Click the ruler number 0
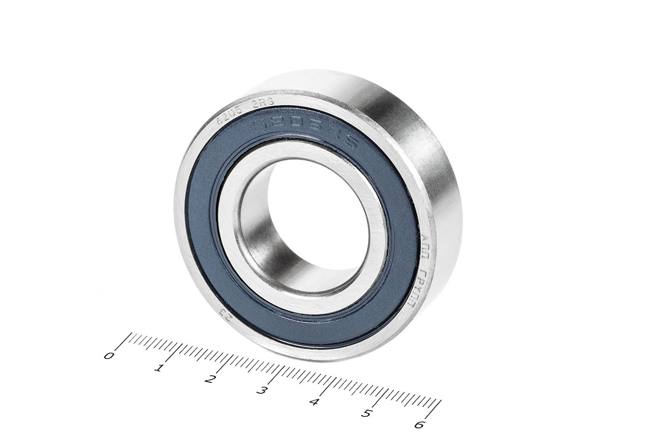click(x=109, y=355)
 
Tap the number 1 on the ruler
click(x=160, y=368)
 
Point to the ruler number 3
click(x=262, y=390)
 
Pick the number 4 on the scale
click(x=314, y=402)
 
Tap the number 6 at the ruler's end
click(x=419, y=424)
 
